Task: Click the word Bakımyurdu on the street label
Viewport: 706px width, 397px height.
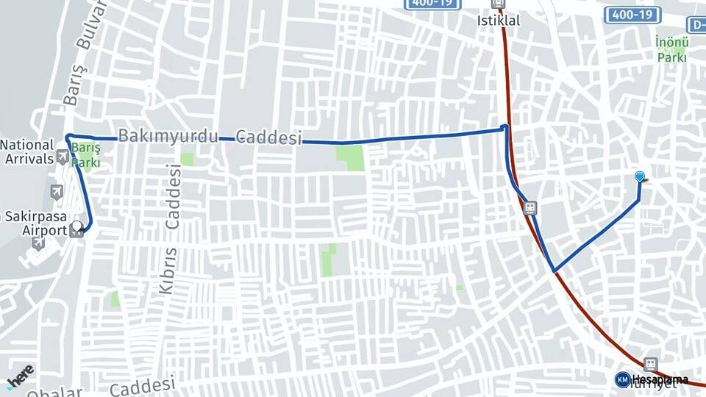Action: click(168, 136)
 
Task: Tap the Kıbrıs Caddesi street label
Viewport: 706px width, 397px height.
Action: click(171, 228)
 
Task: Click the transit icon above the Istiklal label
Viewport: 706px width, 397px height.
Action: click(499, 3)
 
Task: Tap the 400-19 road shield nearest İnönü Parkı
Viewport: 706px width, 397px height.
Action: click(632, 15)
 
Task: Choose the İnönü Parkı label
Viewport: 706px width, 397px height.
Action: click(671, 49)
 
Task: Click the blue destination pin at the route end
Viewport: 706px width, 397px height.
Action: click(640, 176)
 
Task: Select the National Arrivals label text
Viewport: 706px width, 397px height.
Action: click(27, 151)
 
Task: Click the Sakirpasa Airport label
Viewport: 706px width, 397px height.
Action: click(34, 223)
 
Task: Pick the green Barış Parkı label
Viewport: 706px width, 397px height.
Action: click(86, 154)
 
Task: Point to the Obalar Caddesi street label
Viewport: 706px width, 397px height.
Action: click(118, 386)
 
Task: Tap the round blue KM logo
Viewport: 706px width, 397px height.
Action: click(622, 379)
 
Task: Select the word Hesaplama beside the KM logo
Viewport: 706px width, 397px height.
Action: click(659, 380)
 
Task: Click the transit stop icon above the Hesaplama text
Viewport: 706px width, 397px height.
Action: click(650, 364)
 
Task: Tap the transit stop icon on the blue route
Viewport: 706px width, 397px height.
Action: click(529, 207)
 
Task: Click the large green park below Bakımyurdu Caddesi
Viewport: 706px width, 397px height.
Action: click(352, 157)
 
